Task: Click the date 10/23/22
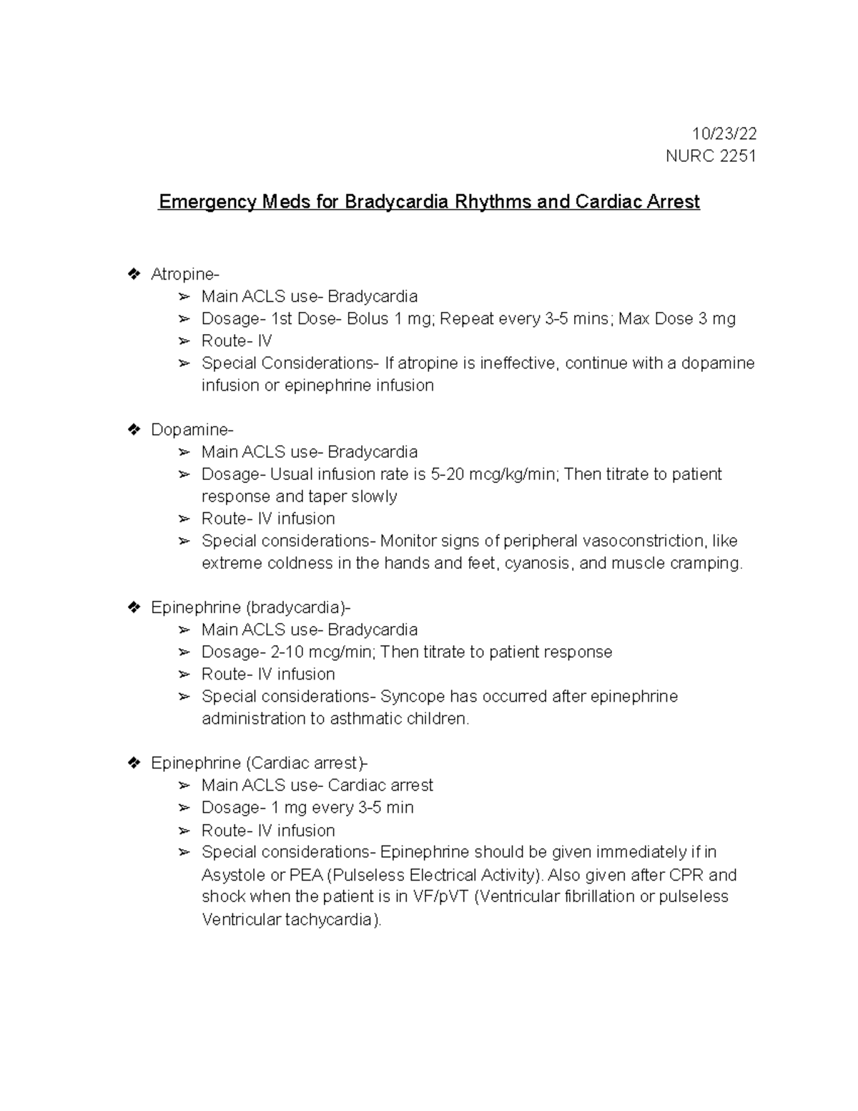pyautogui.click(x=724, y=134)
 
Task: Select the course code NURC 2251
pyautogui.click(x=711, y=156)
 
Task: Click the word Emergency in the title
pyautogui.click(x=207, y=202)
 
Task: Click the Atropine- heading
pyautogui.click(x=185, y=274)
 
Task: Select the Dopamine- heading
pyautogui.click(x=192, y=429)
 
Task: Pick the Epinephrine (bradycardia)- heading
pyautogui.click(x=251, y=607)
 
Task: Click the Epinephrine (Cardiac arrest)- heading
pyautogui.click(x=260, y=763)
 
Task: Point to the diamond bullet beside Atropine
pyautogui.click(x=133, y=274)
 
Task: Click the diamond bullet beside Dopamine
pyautogui.click(x=133, y=429)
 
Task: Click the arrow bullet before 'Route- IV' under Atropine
pyautogui.click(x=184, y=341)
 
